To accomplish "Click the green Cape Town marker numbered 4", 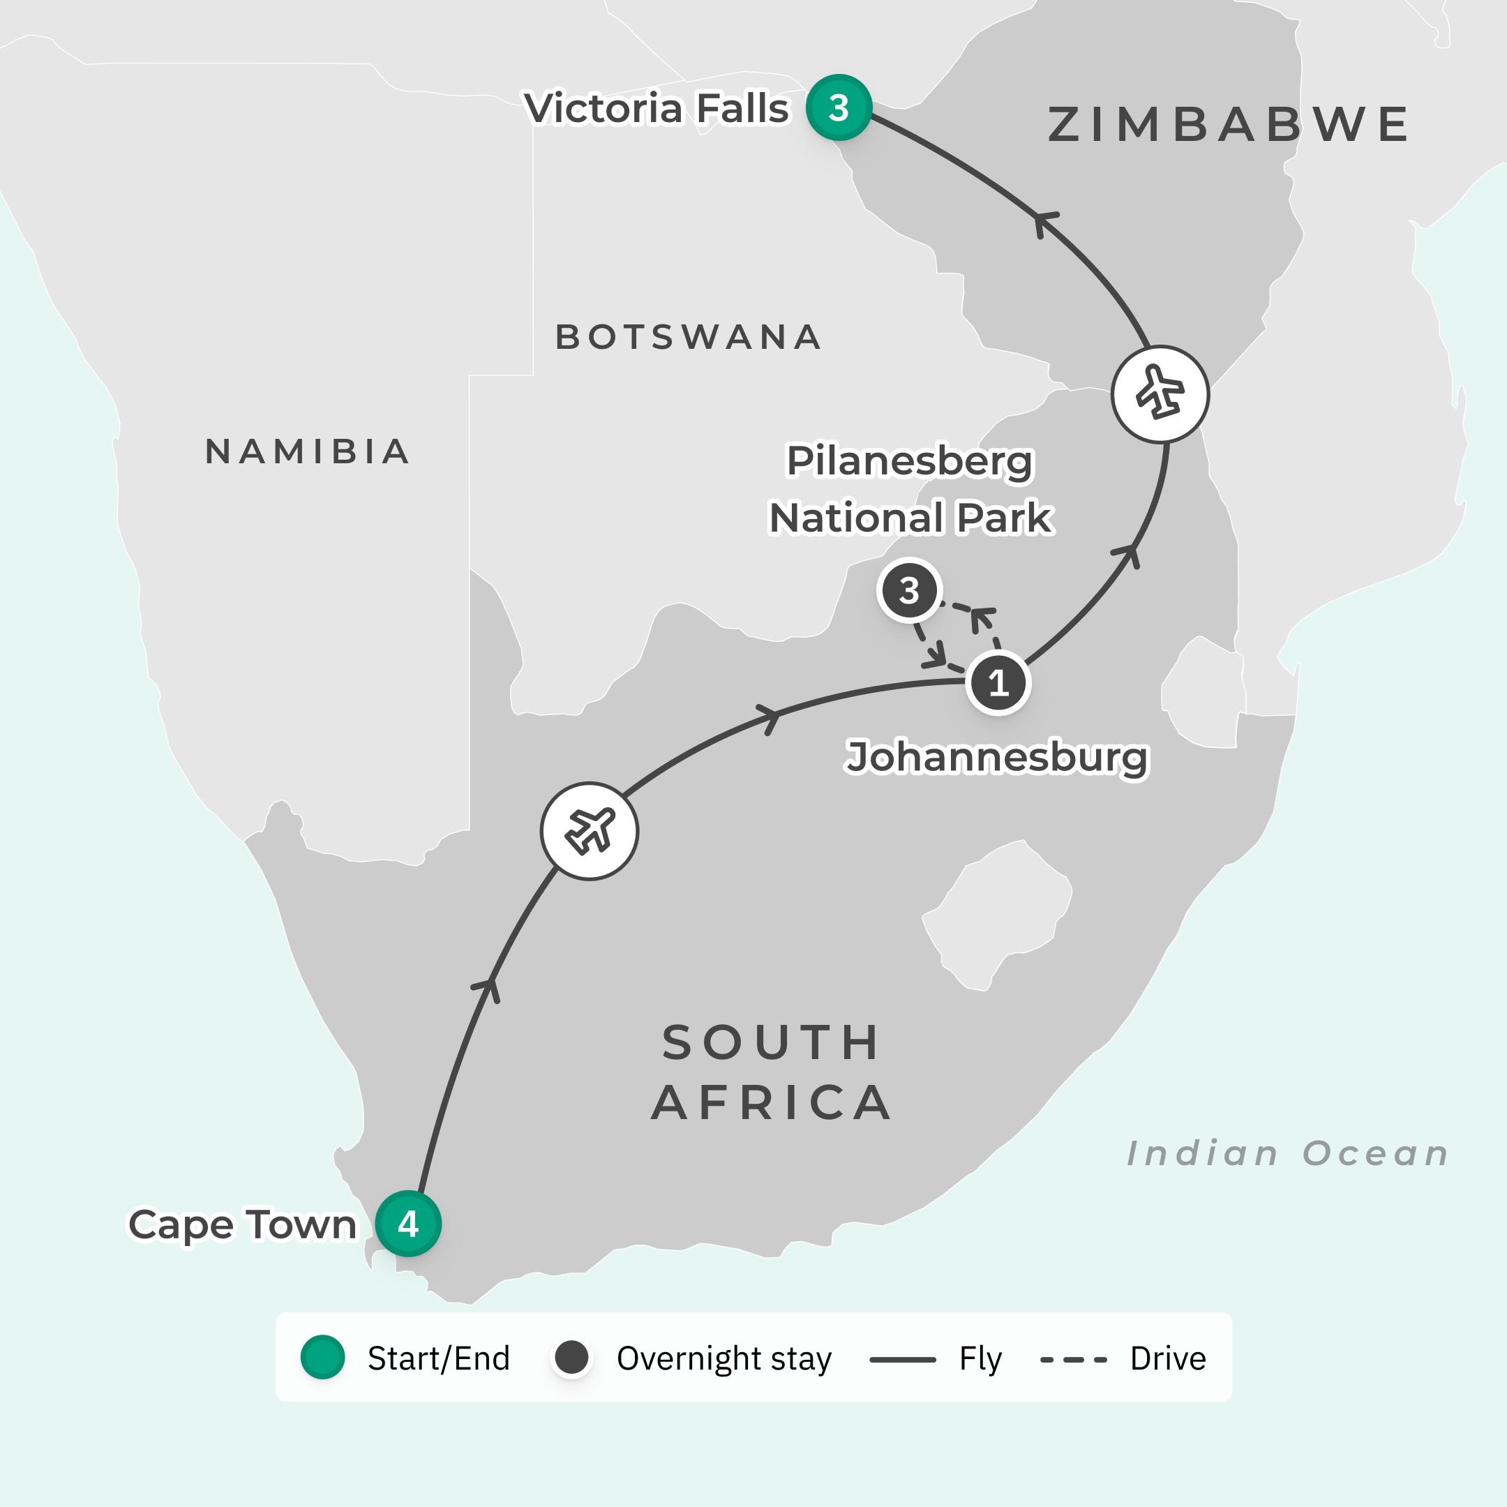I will click(x=408, y=1223).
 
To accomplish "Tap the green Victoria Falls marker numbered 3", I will click(x=839, y=107).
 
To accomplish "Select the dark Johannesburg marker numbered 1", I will click(x=998, y=682).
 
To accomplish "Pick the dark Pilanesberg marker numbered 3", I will click(x=908, y=590).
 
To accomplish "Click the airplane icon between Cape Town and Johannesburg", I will click(x=590, y=831).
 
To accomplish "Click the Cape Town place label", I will click(x=242, y=1224).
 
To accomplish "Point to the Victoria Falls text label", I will click(x=657, y=107).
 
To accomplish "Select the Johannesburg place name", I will click(x=997, y=756).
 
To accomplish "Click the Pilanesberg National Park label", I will click(x=910, y=489).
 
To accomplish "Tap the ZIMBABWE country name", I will click(x=1229, y=125).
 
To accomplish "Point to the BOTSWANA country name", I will click(x=688, y=337).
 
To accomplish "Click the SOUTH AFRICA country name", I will click(x=772, y=1072).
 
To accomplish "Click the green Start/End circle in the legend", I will click(x=323, y=1358).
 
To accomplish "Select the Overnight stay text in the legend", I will click(x=724, y=1358).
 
